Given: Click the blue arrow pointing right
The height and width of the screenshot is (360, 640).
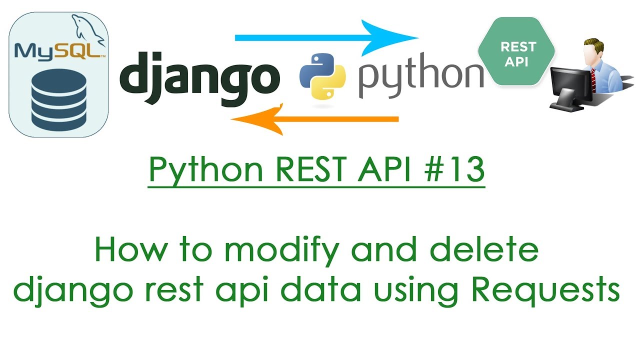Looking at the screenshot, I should [x=325, y=37].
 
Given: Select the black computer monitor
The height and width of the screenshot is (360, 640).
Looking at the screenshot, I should [x=570, y=85].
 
